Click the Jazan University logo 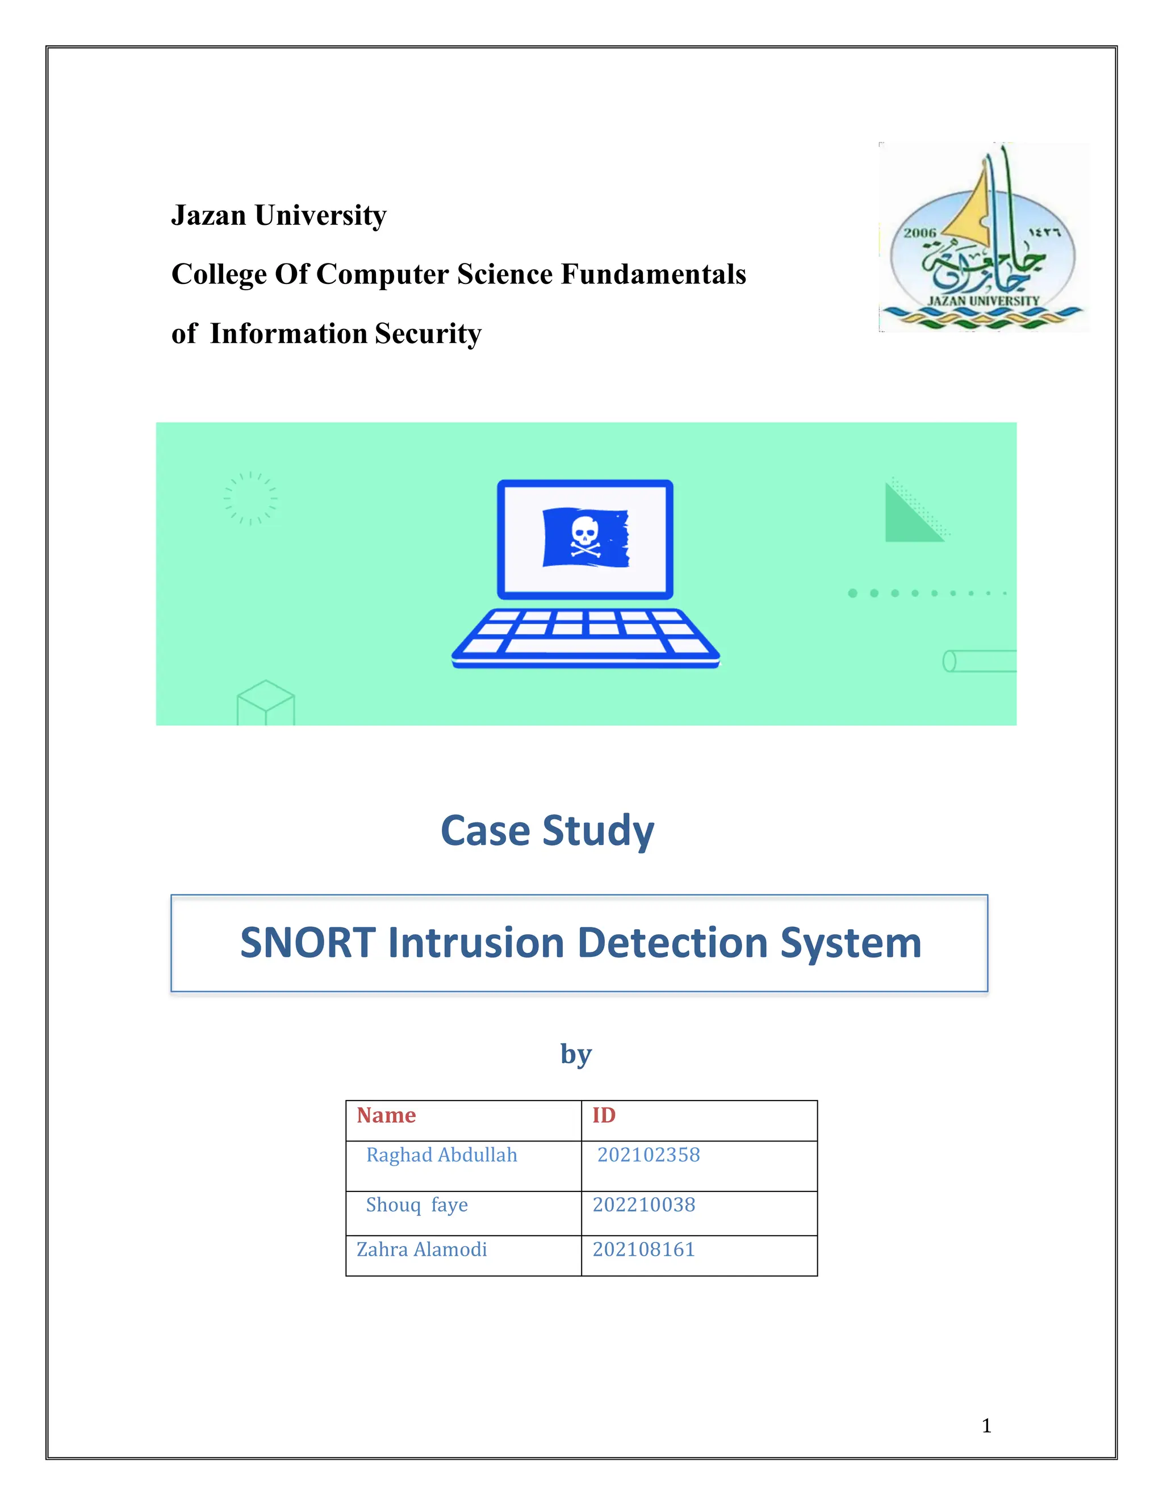(983, 238)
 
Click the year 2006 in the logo (920, 233)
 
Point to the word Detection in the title (672, 943)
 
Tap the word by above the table (576, 1053)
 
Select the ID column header (604, 1115)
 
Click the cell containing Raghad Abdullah (442, 1155)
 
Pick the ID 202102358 (649, 1155)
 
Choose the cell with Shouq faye (417, 1205)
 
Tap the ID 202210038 (643, 1205)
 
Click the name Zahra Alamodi (422, 1249)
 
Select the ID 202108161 (643, 1249)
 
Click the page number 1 (986, 1425)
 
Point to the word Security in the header (428, 333)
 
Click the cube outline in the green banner (266, 703)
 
